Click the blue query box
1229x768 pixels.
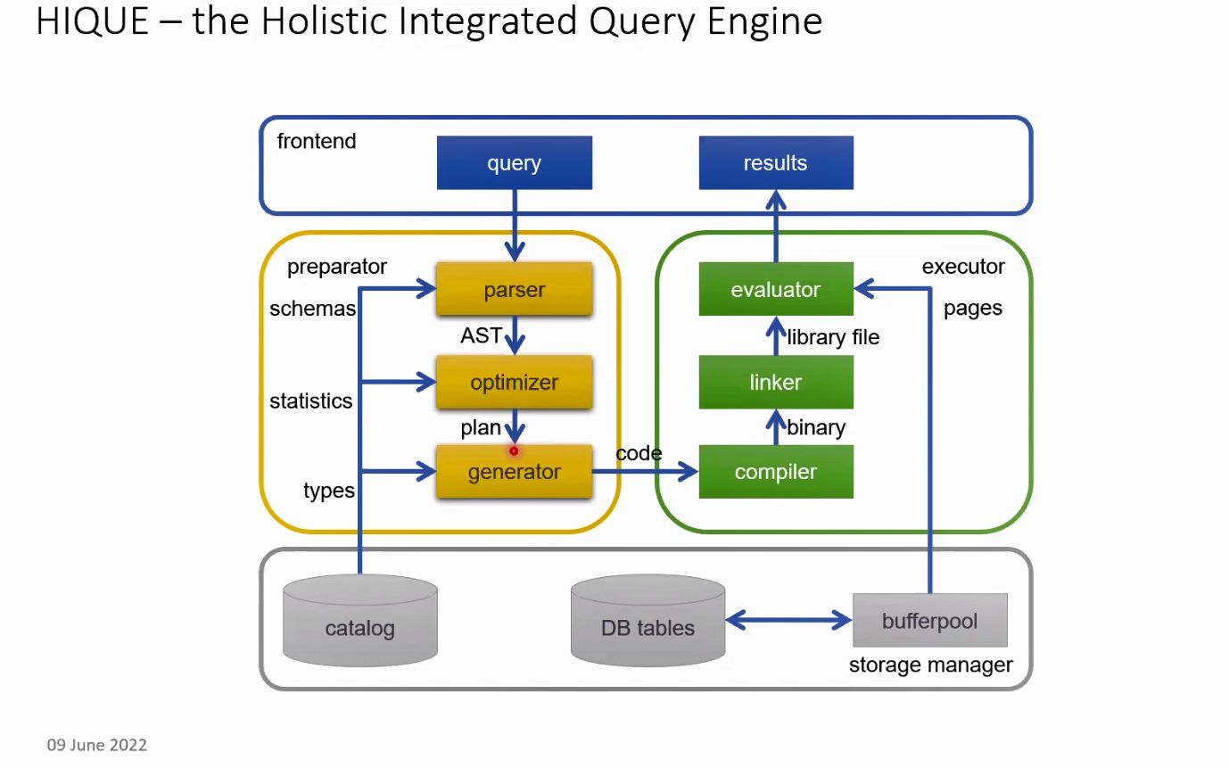click(514, 162)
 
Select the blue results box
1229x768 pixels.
click(775, 162)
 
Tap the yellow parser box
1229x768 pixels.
click(514, 289)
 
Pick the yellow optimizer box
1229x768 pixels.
click(514, 382)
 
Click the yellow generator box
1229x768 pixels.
click(514, 472)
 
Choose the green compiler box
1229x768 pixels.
click(775, 472)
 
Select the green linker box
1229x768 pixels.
click(775, 382)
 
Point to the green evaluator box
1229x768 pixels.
click(775, 289)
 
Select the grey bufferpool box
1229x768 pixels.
click(929, 620)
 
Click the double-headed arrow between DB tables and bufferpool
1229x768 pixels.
click(788, 619)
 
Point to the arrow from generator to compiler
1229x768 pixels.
click(645, 472)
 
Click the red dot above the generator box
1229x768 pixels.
click(514, 451)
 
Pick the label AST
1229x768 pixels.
click(480, 336)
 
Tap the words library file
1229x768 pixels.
click(833, 337)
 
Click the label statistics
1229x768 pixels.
click(310, 401)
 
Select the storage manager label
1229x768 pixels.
click(930, 665)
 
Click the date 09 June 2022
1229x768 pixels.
click(96, 745)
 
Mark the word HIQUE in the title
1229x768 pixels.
click(92, 21)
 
